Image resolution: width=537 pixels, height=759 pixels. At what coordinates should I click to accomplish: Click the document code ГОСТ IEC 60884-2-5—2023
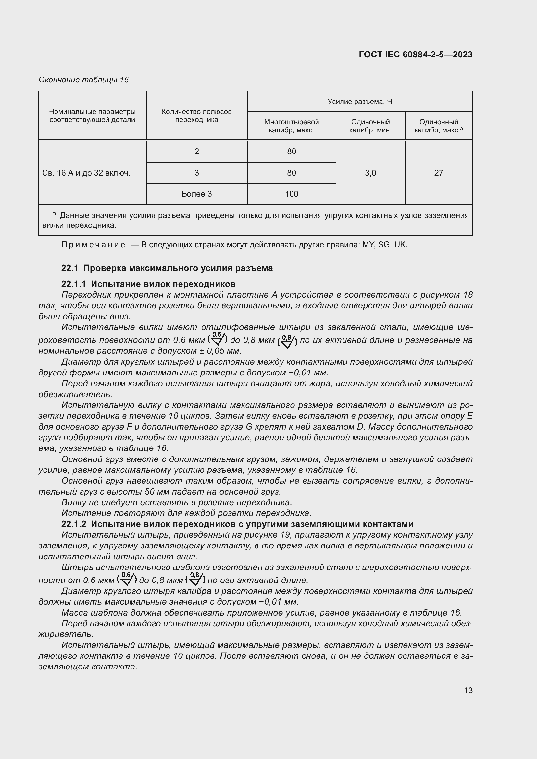point(415,55)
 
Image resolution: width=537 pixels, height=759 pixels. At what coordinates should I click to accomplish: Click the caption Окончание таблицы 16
point(83,80)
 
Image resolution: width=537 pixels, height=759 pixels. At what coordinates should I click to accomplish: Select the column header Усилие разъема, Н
point(359,102)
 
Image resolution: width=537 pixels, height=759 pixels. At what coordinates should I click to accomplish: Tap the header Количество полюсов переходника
point(196,116)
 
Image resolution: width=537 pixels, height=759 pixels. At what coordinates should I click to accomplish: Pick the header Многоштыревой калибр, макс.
point(291,126)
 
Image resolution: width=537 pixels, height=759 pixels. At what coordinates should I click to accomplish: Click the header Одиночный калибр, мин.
point(370,126)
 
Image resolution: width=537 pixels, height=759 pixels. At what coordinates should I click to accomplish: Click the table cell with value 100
point(291,194)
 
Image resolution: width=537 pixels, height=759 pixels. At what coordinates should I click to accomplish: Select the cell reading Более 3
point(196,194)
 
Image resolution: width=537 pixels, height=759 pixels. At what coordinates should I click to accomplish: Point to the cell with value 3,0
point(370,173)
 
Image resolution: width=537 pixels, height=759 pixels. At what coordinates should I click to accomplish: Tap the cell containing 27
point(438,173)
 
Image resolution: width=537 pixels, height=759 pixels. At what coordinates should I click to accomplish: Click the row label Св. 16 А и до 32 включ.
point(86,173)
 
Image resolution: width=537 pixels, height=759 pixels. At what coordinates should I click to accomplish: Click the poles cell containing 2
point(196,152)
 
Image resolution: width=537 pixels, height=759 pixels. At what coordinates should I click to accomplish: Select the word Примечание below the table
point(93,245)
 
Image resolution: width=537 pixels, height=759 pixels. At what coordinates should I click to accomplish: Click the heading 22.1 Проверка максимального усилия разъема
point(167,268)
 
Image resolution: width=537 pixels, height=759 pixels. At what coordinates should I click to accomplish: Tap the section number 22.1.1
point(73,284)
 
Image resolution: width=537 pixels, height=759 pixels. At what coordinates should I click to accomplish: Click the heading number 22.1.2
point(73,524)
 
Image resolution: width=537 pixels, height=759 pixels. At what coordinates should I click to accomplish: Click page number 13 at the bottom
point(468,691)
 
